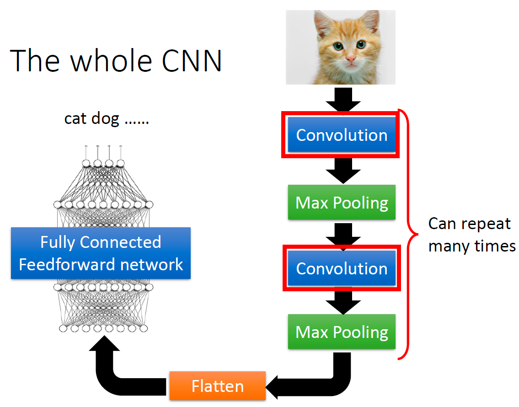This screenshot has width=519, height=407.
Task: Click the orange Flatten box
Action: point(217,387)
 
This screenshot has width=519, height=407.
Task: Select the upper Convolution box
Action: point(342,135)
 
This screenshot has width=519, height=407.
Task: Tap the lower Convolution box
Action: point(342,268)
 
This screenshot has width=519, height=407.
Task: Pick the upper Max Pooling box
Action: point(342,202)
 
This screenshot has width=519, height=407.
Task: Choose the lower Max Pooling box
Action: point(342,332)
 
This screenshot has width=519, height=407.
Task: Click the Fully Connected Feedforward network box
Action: point(101,253)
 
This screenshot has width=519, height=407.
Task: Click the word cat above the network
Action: point(75,119)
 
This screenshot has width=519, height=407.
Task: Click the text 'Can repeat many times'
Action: point(471,235)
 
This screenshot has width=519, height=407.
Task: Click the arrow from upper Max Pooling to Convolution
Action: point(342,234)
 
